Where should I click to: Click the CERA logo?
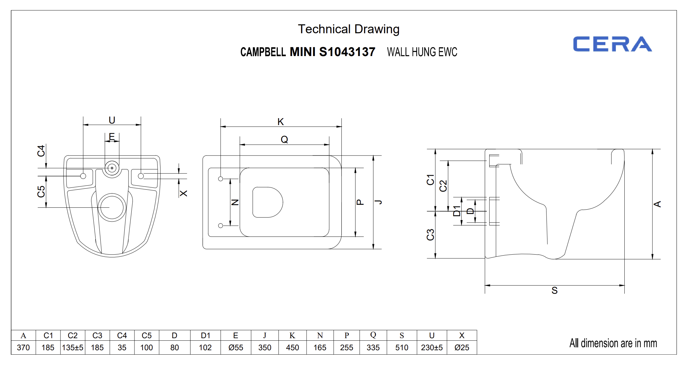612,44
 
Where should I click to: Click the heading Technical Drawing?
348,29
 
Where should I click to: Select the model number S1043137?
347,52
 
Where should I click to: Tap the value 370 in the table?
23,348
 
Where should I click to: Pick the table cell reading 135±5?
72,348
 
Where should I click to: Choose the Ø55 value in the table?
236,348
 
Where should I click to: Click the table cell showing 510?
402,348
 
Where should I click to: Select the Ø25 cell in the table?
462,348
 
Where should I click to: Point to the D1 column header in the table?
205,336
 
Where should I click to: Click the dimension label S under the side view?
554,291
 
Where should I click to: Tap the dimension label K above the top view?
280,122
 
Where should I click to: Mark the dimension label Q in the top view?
284,140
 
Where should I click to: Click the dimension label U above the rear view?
112,120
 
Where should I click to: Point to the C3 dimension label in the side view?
430,235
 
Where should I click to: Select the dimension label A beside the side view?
657,204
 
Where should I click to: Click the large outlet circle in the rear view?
112,207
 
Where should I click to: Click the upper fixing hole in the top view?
221,179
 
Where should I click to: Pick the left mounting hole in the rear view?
83,176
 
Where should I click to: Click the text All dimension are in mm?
613,343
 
